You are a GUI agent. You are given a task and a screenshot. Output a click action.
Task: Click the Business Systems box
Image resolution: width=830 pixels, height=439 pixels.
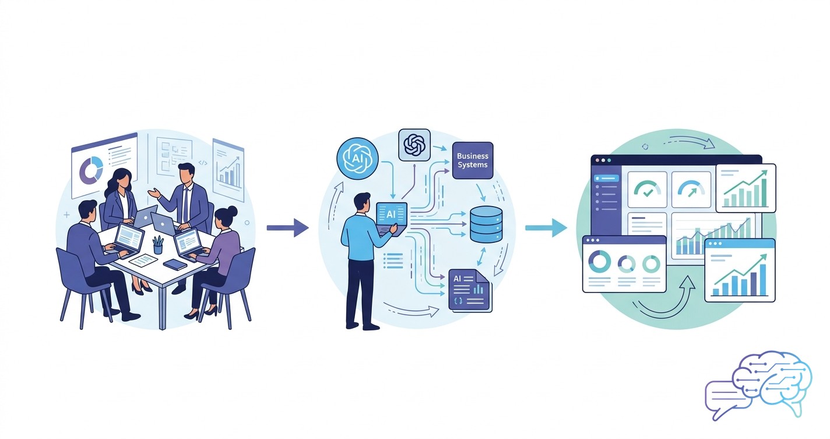[x=473, y=161]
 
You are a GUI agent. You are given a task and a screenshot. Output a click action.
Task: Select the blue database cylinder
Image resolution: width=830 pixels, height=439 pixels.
[x=486, y=225]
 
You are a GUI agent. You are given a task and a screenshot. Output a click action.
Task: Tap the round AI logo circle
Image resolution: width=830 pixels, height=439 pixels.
[x=357, y=158]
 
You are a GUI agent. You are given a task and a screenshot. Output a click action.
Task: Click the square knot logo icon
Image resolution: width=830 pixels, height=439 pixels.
[x=414, y=145]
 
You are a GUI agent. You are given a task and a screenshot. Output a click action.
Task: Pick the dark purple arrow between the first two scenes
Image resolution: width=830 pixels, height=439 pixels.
[x=288, y=228]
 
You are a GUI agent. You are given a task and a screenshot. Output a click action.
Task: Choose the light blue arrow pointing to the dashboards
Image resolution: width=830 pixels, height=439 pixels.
[x=546, y=228]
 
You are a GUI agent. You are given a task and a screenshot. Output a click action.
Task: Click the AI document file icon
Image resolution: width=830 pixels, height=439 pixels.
[x=470, y=290]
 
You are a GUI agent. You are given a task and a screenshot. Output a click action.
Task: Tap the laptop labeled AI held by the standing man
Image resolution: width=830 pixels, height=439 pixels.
[x=392, y=218]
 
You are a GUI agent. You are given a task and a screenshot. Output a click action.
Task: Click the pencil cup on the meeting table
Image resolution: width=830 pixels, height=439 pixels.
[x=158, y=245]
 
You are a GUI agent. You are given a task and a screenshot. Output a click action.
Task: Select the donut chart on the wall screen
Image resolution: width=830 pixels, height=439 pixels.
[x=91, y=170]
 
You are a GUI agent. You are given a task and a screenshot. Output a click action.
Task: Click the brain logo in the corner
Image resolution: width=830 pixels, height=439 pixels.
[x=772, y=382]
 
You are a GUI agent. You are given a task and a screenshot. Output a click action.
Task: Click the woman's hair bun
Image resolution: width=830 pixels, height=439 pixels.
[x=233, y=211]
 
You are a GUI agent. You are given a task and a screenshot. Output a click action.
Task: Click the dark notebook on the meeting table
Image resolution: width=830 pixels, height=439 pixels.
[x=175, y=264]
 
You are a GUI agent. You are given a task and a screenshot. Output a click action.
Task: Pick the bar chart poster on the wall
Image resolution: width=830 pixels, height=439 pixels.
[x=228, y=170]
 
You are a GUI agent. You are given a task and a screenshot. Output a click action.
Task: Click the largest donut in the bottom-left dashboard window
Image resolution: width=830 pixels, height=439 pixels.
[x=600, y=262]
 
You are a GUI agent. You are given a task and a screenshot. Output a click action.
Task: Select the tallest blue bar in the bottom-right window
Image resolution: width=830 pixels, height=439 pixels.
[x=763, y=280]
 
